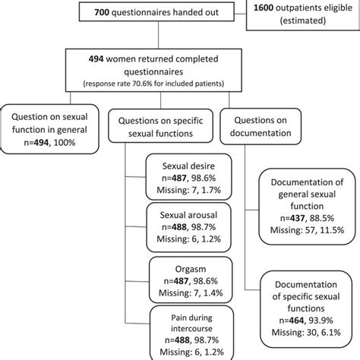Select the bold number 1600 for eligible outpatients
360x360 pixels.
coord(271,5)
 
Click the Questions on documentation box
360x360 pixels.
coord(262,123)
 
